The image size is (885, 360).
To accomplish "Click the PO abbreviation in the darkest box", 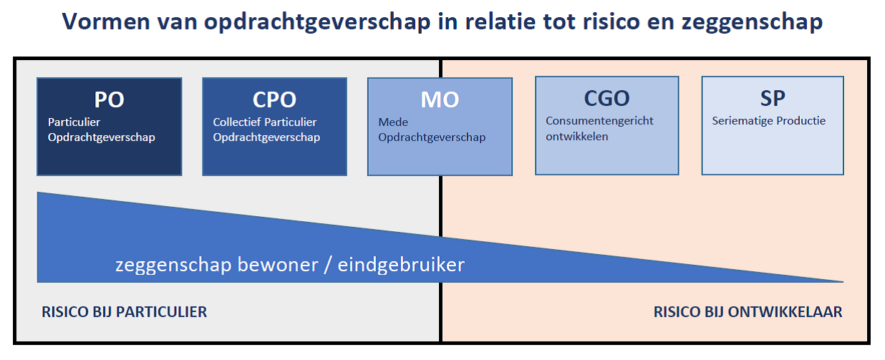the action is point(109,99).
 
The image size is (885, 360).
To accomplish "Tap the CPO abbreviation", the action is point(274,99).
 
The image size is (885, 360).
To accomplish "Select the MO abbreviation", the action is point(440,99).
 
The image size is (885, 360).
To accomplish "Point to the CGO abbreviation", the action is point(607,98).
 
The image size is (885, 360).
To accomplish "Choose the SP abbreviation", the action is point(773,98).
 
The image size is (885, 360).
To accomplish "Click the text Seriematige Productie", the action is point(769,121).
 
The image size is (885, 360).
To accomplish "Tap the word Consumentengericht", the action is point(599,121).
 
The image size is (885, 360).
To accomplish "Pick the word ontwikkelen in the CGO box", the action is point(577,137).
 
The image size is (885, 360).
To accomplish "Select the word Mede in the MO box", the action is point(393,122).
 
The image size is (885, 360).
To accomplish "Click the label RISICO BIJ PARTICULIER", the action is point(125,312).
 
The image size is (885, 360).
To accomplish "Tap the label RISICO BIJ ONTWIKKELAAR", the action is point(748,312).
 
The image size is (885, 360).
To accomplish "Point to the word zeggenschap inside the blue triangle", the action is point(173,266).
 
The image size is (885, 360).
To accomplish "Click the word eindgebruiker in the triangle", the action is point(401,266).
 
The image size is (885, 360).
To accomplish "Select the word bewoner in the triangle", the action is point(278,265).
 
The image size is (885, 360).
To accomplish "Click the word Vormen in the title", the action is point(106,21).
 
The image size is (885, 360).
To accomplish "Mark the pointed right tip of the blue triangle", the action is point(843,282).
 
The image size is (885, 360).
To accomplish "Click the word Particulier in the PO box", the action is point(74,122).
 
